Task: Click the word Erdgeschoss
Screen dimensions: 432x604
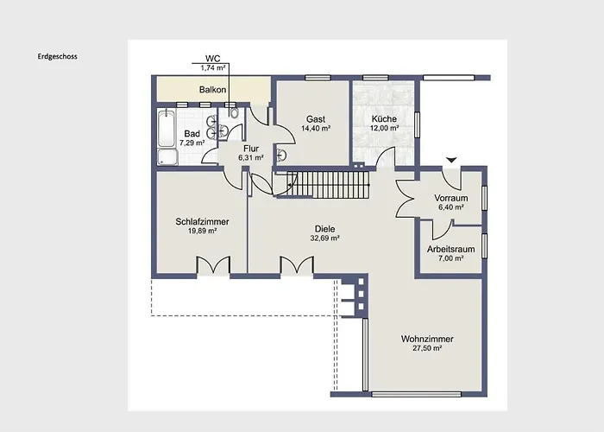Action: pyautogui.click(x=58, y=57)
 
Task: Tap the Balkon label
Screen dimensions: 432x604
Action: pyautogui.click(x=213, y=89)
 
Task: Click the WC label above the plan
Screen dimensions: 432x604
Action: pyautogui.click(x=211, y=59)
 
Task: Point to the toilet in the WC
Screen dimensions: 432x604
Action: pyautogui.click(x=234, y=115)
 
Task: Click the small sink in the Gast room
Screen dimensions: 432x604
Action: pyautogui.click(x=281, y=155)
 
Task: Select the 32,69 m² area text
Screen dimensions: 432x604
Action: pyautogui.click(x=324, y=238)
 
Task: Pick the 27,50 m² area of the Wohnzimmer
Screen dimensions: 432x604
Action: pyautogui.click(x=427, y=348)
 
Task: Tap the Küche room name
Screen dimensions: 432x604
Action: pyautogui.click(x=384, y=119)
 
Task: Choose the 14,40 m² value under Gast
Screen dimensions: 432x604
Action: pyautogui.click(x=316, y=129)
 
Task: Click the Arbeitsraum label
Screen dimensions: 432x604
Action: pyautogui.click(x=451, y=249)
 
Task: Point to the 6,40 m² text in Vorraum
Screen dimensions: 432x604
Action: pyautogui.click(x=450, y=207)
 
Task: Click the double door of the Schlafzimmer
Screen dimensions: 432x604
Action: pyautogui.click(x=213, y=265)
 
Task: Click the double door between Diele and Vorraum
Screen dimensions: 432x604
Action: pyautogui.click(x=406, y=198)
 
